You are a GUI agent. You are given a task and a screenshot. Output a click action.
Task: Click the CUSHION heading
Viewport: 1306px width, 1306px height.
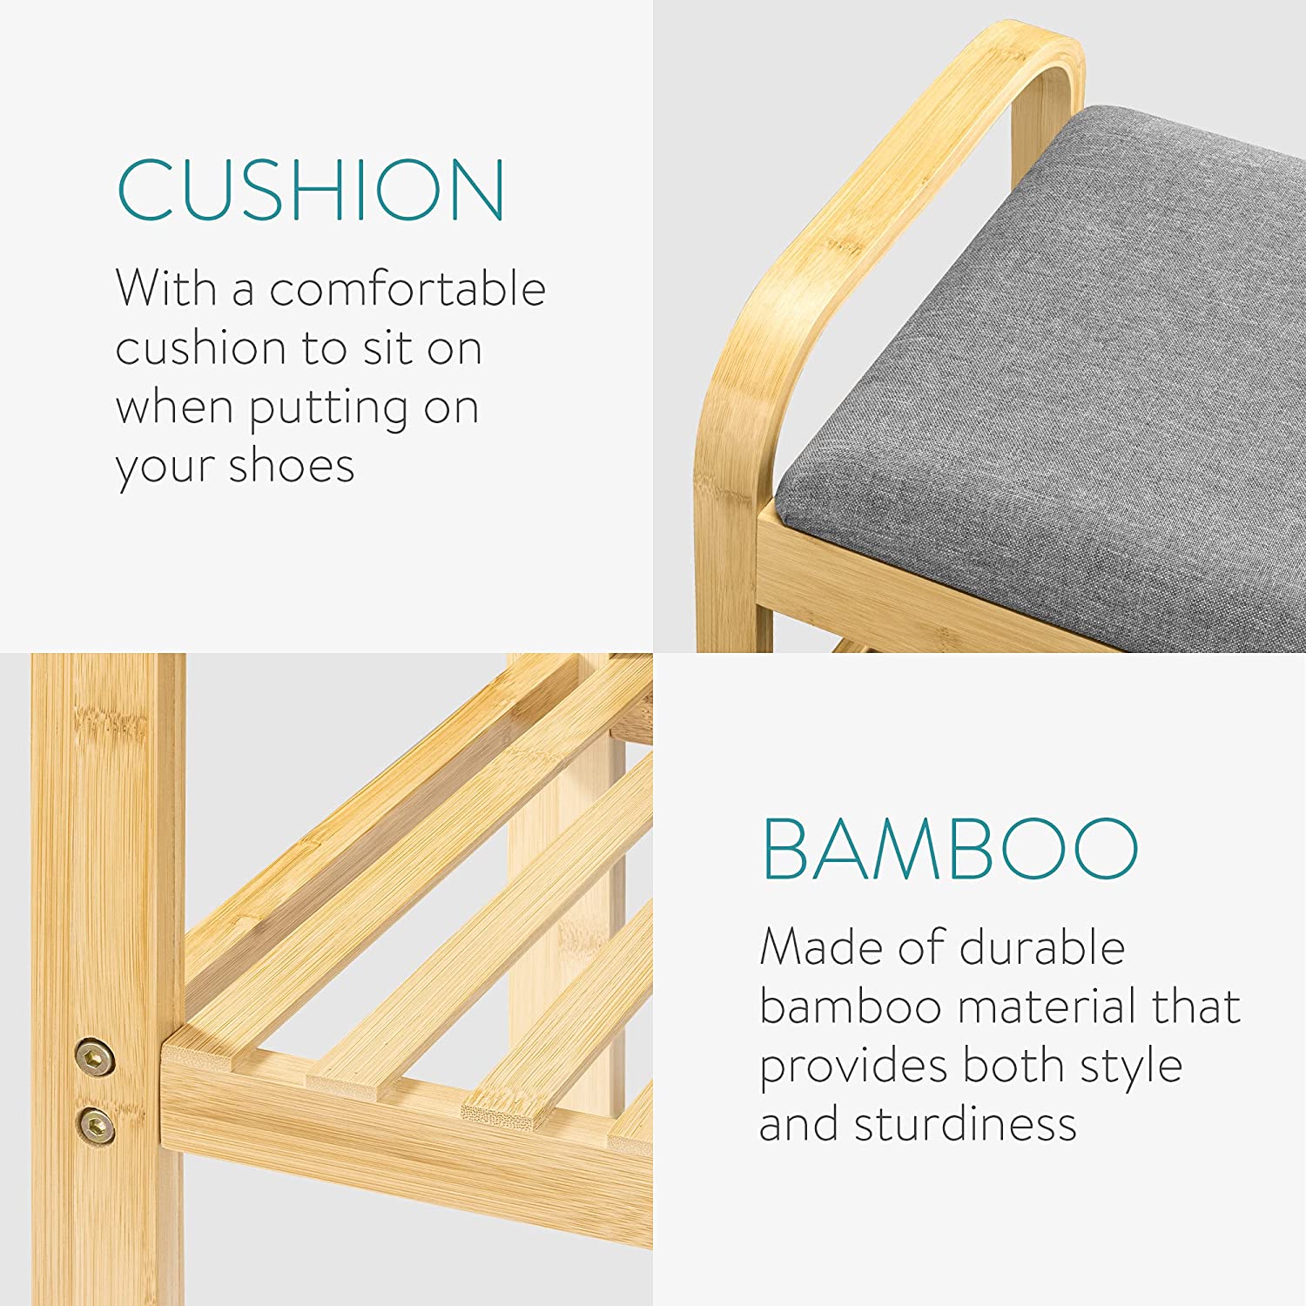coord(311,190)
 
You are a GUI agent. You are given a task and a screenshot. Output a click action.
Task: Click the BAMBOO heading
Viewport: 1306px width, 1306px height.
coord(950,849)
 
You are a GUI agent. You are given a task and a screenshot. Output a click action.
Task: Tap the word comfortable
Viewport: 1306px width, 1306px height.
coord(407,288)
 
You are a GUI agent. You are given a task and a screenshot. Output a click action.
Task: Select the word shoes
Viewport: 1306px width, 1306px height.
coord(292,466)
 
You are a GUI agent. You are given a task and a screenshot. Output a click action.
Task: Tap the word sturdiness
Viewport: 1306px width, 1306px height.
coord(966,1124)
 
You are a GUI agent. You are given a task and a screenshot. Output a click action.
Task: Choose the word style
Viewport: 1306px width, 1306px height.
coord(1131,1067)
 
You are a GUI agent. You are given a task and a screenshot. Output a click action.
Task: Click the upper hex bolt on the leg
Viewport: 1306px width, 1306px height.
coord(95,1058)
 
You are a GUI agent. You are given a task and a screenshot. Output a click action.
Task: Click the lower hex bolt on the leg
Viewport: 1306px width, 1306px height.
coord(95,1125)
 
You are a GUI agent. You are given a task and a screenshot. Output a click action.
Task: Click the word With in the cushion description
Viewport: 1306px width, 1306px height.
coord(166,288)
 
